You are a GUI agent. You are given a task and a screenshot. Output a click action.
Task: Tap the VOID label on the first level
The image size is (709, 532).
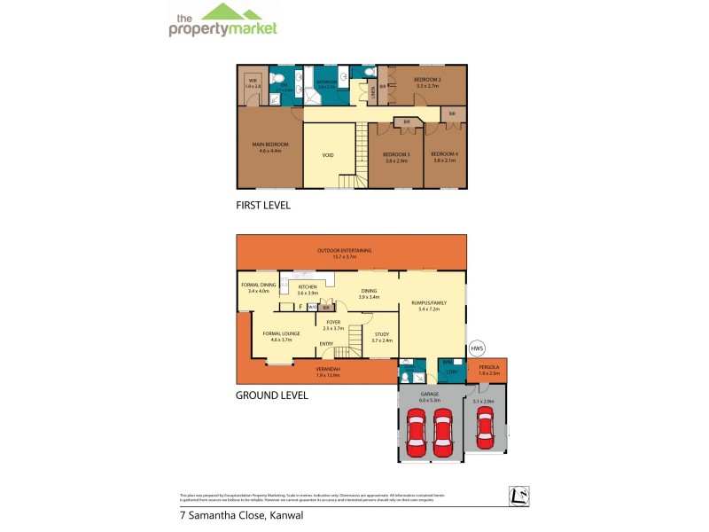click(x=328, y=155)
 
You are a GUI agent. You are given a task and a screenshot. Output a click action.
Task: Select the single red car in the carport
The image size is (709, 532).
click(x=485, y=428)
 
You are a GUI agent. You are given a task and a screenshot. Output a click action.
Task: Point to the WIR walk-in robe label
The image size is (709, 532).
click(x=253, y=81)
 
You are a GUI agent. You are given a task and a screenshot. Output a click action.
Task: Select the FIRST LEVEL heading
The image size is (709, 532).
click(x=263, y=205)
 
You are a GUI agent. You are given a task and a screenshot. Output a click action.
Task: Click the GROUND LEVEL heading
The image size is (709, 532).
click(x=271, y=395)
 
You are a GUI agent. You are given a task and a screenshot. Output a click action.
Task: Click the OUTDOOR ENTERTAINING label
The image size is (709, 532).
click(x=351, y=250)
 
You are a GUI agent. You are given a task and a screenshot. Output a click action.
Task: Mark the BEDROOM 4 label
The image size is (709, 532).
click(x=445, y=155)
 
